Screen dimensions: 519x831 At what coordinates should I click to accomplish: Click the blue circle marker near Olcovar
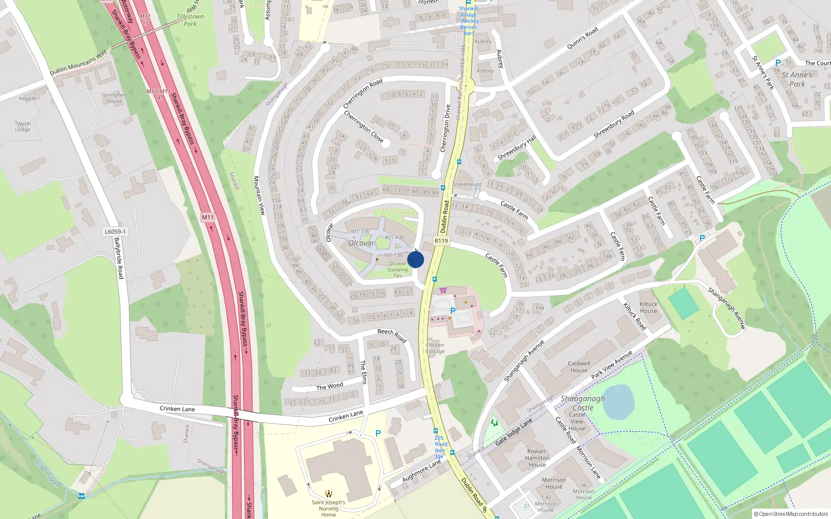tap(415, 259)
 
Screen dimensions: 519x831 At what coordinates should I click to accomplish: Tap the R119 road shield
tap(441, 241)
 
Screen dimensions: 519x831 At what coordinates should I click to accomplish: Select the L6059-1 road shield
tap(115, 232)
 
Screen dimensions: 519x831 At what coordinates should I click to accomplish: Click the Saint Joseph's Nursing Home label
tap(328, 508)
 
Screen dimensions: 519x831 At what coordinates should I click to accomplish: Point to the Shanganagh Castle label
tap(583, 403)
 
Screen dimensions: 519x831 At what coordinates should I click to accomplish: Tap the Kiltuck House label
tap(648, 307)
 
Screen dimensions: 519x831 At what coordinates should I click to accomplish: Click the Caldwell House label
tap(579, 367)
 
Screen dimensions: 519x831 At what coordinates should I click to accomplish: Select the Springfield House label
tap(114, 98)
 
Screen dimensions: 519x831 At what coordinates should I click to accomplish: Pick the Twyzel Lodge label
tap(23, 127)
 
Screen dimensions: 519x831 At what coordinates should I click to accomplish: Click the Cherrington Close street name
tap(364, 127)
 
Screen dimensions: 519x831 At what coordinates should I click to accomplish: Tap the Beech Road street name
tap(392, 335)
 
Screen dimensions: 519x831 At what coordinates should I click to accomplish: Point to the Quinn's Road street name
tap(582, 38)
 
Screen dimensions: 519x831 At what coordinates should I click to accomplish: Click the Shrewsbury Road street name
tap(613, 124)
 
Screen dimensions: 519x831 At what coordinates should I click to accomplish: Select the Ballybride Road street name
tap(119, 258)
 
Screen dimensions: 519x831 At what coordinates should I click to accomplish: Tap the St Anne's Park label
tap(797, 79)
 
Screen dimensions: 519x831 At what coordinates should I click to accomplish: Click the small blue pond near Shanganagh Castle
tap(619, 402)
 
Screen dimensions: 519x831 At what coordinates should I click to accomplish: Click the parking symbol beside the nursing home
tap(378, 433)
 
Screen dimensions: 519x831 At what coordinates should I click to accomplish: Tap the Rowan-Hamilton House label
tap(537, 458)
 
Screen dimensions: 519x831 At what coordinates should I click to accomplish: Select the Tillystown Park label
tap(190, 20)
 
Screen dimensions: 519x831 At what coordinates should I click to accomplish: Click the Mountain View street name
tap(259, 196)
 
